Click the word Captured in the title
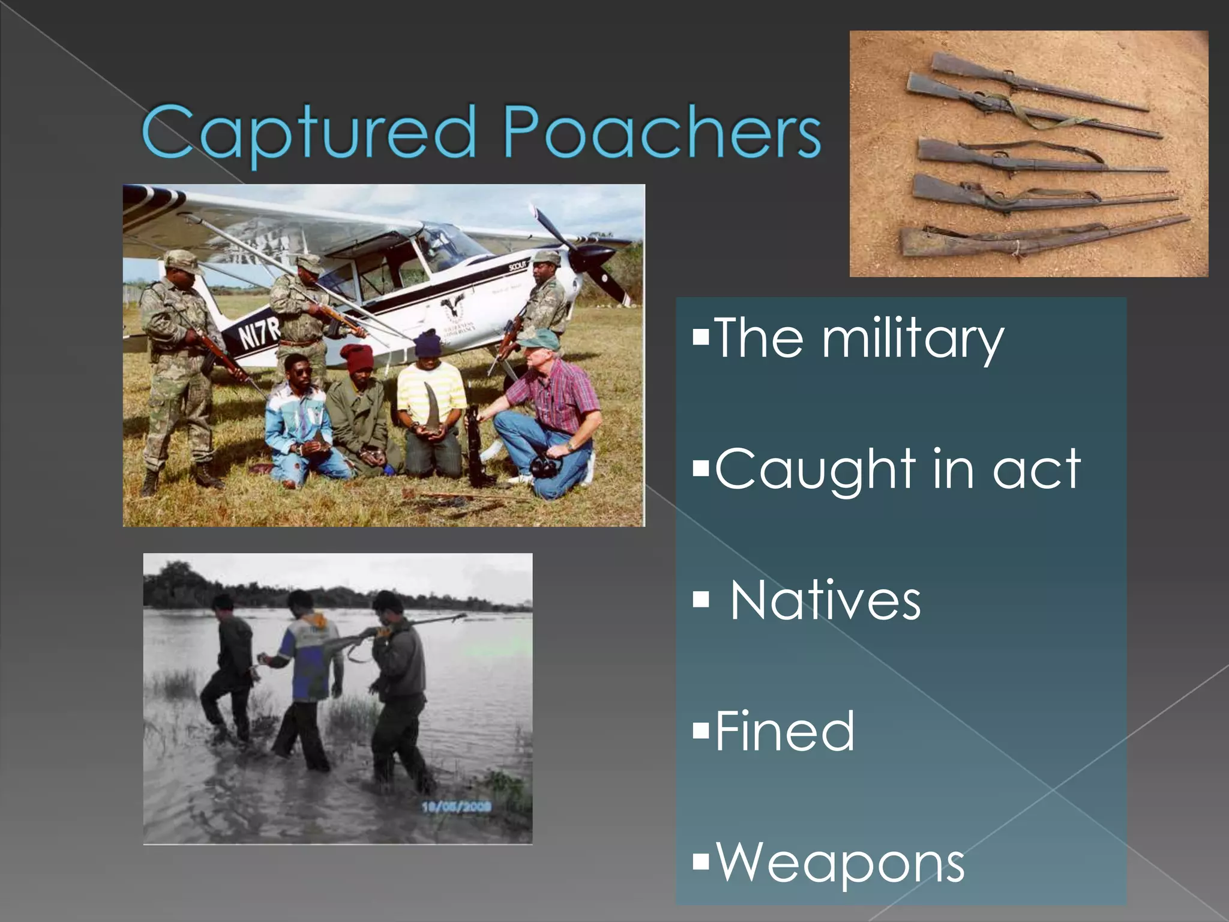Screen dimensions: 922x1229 coord(308,132)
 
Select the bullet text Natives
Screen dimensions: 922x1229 coord(825,600)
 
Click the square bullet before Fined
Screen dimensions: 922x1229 coord(700,731)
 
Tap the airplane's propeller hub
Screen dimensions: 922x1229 coord(582,259)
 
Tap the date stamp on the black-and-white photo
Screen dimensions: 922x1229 coord(457,807)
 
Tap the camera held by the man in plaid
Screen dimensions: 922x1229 coord(544,466)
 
